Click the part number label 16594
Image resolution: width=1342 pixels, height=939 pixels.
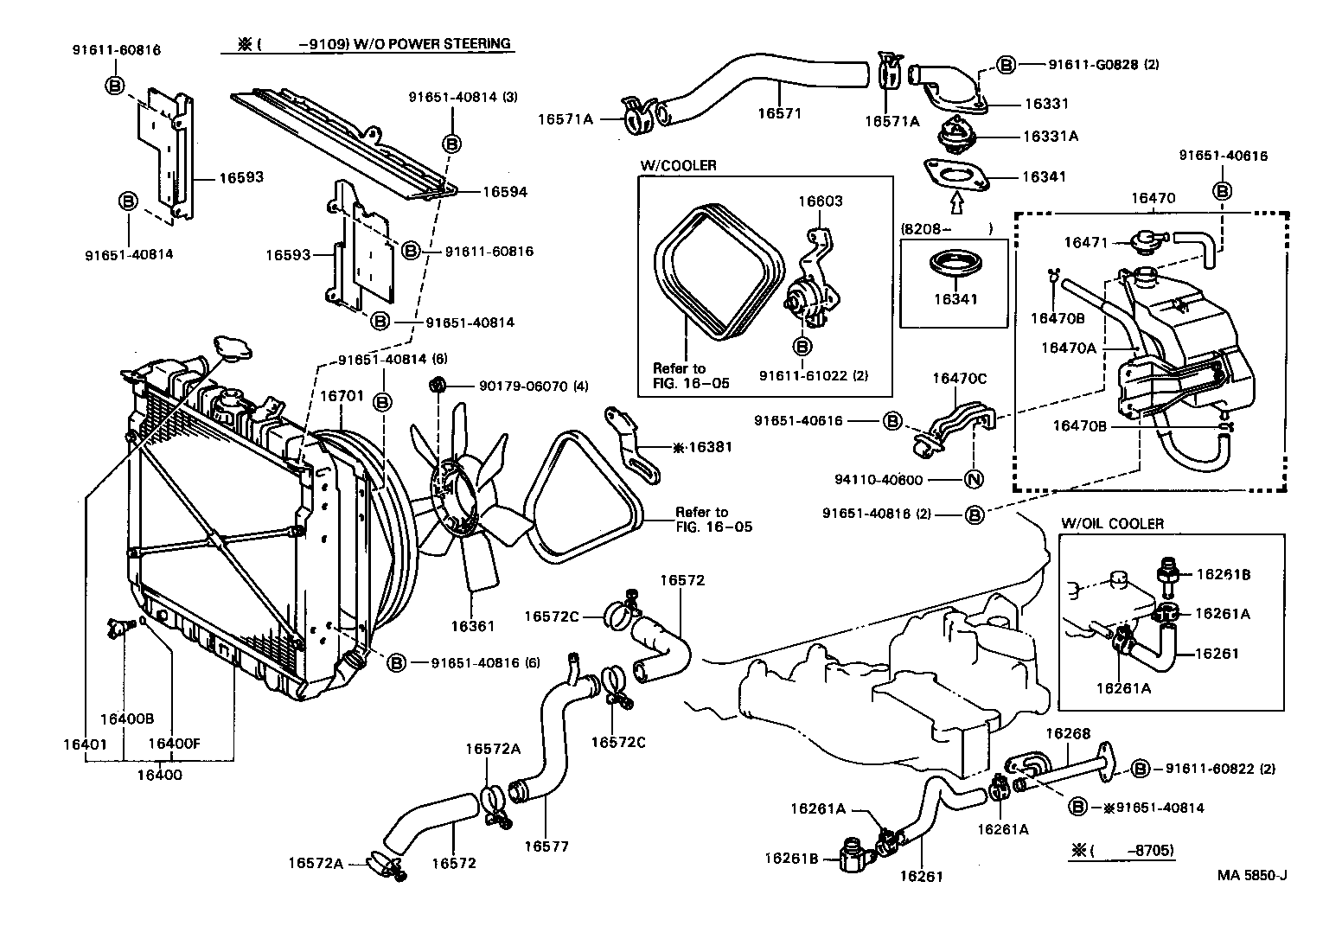pos(504,192)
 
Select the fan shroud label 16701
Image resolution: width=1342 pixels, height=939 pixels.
pos(342,396)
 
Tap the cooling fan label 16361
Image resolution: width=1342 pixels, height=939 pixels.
pos(472,625)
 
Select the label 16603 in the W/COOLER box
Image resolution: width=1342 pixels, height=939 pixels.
pos(820,201)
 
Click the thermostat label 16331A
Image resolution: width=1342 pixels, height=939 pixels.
pos(1050,136)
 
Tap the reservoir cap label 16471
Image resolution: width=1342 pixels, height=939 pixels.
pos(1085,243)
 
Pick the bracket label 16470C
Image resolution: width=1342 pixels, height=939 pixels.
pos(959,378)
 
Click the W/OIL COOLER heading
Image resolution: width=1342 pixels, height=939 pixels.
pos(1112,523)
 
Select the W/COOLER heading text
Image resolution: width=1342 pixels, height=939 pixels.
pos(678,165)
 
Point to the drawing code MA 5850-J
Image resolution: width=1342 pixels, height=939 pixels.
pos(1252,874)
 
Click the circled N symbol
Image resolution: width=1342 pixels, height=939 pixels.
pos(973,480)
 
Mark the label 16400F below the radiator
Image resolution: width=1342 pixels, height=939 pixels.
pos(174,743)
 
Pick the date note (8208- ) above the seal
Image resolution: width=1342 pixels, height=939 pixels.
pos(946,229)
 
